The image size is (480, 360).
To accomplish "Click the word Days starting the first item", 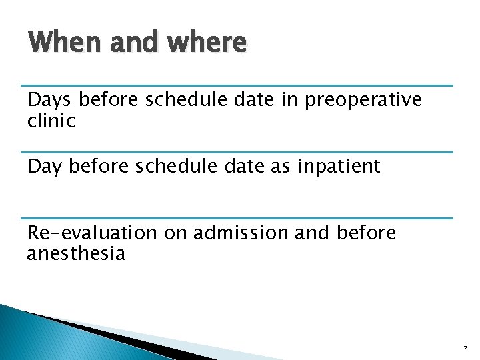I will coord(50,100).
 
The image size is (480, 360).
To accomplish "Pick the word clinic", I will coord(51,121).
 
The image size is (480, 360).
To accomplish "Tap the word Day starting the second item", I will coord(44,166).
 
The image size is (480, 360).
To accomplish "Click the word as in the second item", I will coord(279,166).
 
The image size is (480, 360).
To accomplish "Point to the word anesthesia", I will coord(76,253).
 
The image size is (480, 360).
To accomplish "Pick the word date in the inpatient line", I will coord(241,166).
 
